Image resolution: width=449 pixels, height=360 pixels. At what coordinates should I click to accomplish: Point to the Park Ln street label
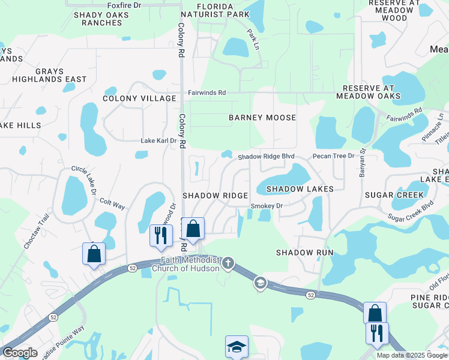253,40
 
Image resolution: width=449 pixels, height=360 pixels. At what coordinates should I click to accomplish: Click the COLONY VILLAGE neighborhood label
139,98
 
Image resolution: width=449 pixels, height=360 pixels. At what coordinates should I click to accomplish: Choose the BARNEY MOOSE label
262,118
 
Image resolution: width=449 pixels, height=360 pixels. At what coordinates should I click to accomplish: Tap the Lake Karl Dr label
158,141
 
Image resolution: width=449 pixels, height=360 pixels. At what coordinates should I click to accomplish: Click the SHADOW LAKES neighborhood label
300,189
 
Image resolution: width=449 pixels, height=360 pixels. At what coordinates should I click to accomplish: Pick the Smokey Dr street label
266,206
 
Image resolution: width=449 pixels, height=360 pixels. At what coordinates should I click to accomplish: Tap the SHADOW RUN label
304,253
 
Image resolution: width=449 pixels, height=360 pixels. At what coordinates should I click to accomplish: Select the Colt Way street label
112,204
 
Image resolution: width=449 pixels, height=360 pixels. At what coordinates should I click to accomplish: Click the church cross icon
228,263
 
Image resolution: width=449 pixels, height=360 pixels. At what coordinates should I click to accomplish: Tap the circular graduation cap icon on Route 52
260,283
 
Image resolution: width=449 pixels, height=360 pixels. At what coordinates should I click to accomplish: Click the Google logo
20,353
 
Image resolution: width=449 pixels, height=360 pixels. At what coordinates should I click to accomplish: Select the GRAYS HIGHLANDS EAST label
49,75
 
